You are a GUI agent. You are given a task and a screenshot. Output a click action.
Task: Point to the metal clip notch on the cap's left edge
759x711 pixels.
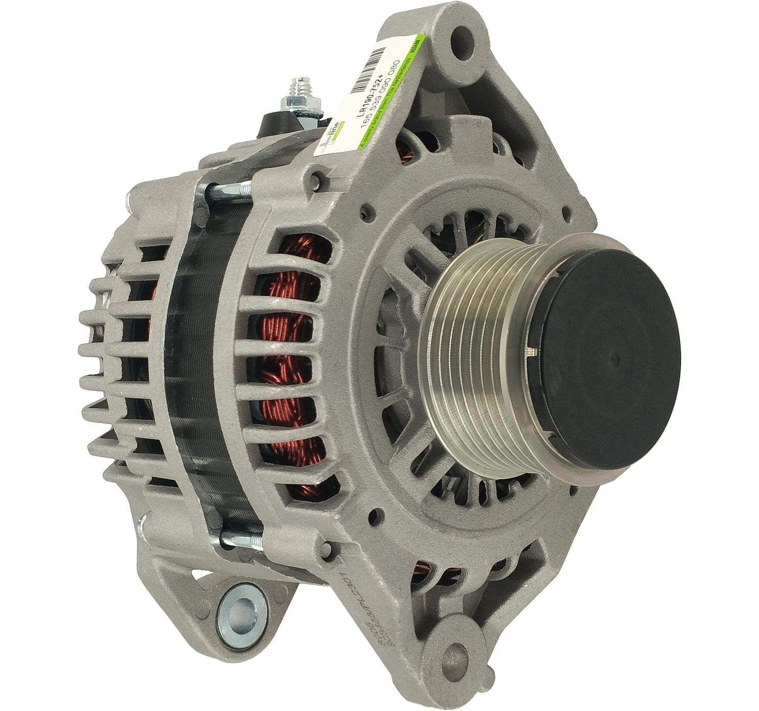[533, 351]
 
